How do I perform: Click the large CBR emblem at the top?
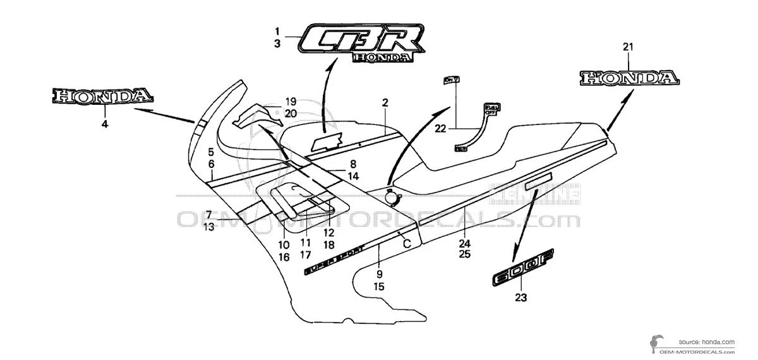pos(360,43)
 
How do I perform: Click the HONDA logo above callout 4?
pos(103,97)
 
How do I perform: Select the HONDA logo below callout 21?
pos(630,78)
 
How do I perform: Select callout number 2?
pos(385,102)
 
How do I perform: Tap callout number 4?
pos(105,124)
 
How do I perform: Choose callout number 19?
pos(290,102)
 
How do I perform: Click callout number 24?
pos(464,243)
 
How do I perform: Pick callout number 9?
pos(379,274)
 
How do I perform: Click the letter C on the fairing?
pos(407,243)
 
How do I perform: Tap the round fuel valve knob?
pos(392,196)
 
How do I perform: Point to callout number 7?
pos(209,215)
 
